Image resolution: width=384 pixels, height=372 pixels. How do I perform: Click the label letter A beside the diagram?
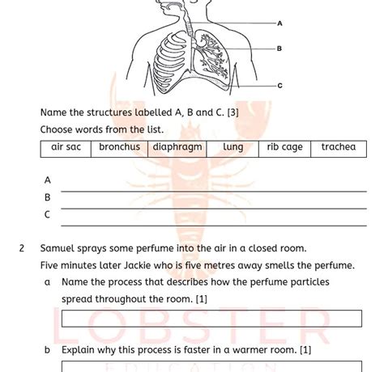[x=280, y=23]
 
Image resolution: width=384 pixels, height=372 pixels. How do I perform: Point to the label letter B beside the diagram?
[x=280, y=49]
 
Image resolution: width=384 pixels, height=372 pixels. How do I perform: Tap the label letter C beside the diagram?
[x=280, y=85]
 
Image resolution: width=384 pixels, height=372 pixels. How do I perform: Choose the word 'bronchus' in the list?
[x=119, y=147]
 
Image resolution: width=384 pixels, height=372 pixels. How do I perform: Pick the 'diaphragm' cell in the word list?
[x=177, y=147]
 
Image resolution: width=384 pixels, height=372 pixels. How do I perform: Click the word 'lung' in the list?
[x=233, y=147]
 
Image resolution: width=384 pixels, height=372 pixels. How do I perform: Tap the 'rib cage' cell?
[x=284, y=147]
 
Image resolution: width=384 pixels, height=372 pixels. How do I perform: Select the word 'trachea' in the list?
[x=338, y=147]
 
